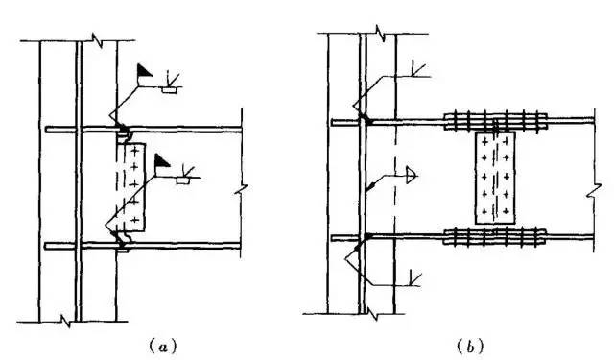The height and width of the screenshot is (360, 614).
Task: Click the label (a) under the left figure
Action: (x=163, y=347)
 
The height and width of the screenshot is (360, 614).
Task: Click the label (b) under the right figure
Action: (x=470, y=347)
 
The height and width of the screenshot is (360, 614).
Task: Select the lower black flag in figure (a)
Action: (x=162, y=160)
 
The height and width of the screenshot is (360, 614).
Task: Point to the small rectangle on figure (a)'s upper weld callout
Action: (x=170, y=90)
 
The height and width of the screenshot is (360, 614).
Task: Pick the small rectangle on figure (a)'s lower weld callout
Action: (x=182, y=180)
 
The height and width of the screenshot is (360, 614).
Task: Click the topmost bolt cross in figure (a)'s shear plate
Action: (x=134, y=150)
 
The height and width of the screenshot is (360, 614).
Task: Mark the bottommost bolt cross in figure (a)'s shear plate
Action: (x=135, y=220)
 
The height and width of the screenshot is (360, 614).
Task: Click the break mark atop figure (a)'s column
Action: (x=97, y=40)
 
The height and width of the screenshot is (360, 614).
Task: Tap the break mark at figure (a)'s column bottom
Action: (x=66, y=322)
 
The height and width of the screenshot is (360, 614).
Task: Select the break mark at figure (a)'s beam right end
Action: (x=241, y=189)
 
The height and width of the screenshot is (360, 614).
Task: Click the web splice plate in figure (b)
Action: (x=495, y=178)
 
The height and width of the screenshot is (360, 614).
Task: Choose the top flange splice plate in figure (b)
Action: (x=495, y=121)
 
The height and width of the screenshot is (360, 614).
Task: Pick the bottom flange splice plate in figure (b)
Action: (x=495, y=236)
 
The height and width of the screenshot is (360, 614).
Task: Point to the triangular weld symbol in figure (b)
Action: (x=411, y=175)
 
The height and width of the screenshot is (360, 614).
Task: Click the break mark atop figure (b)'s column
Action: (x=381, y=34)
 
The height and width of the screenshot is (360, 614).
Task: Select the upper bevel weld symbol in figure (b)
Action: (x=417, y=69)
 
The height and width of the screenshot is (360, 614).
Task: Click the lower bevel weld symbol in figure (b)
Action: (x=414, y=278)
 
